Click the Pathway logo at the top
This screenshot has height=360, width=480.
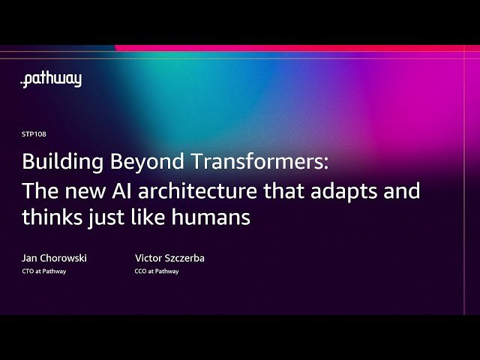coord(51,80)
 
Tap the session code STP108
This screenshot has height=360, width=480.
coord(34,134)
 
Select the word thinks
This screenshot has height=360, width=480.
coord(48,218)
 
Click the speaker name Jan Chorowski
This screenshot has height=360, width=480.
coord(54,258)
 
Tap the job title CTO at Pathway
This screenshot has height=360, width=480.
coord(43,271)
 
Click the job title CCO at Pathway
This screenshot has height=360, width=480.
coord(151,271)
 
